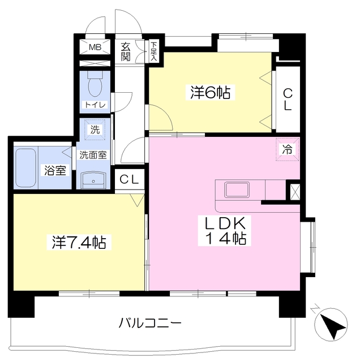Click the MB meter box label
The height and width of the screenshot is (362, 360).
pos(94,47)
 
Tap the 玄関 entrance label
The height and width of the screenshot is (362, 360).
pos(126,51)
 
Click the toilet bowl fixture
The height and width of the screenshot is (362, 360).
pos(95,85)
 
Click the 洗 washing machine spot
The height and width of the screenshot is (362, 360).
pos(95,130)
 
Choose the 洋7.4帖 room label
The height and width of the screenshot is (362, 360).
pos(79,243)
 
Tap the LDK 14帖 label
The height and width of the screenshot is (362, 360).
pos(225,231)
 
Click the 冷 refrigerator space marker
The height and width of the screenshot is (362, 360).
pos(287,150)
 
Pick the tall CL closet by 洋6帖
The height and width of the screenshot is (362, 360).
pos(287,100)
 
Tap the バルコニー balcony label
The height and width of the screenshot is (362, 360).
pos(150,324)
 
